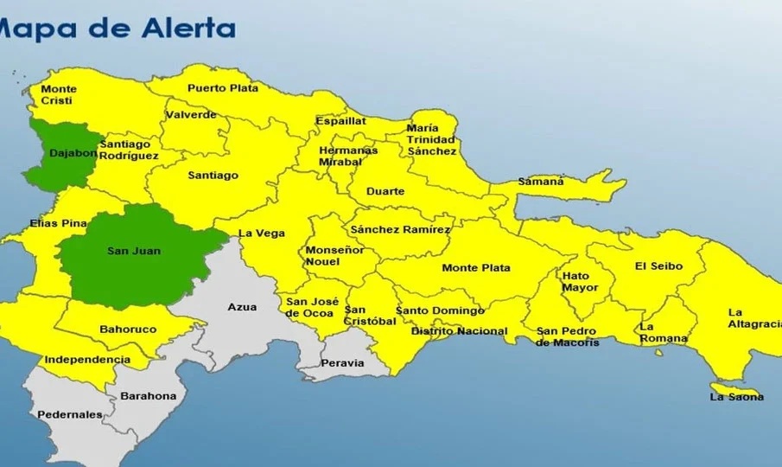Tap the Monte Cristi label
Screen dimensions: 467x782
tap(59, 94)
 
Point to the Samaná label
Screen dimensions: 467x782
tap(541, 182)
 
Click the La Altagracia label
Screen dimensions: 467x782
tap(753, 317)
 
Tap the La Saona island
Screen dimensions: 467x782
tap(735, 395)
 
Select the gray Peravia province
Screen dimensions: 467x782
tap(342, 362)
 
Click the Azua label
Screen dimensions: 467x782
tap(242, 307)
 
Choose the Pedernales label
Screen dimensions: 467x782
tap(69, 414)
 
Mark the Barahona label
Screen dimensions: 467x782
tap(148, 396)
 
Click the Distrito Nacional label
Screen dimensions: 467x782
tap(459, 331)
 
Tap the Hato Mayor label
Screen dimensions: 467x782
tap(580, 282)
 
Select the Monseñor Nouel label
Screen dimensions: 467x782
tap(328, 255)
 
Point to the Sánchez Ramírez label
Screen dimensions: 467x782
tap(400, 229)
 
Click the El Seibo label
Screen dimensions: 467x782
tap(658, 265)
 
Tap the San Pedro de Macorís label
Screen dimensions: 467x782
tap(568, 336)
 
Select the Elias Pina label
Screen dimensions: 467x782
tap(58, 223)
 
